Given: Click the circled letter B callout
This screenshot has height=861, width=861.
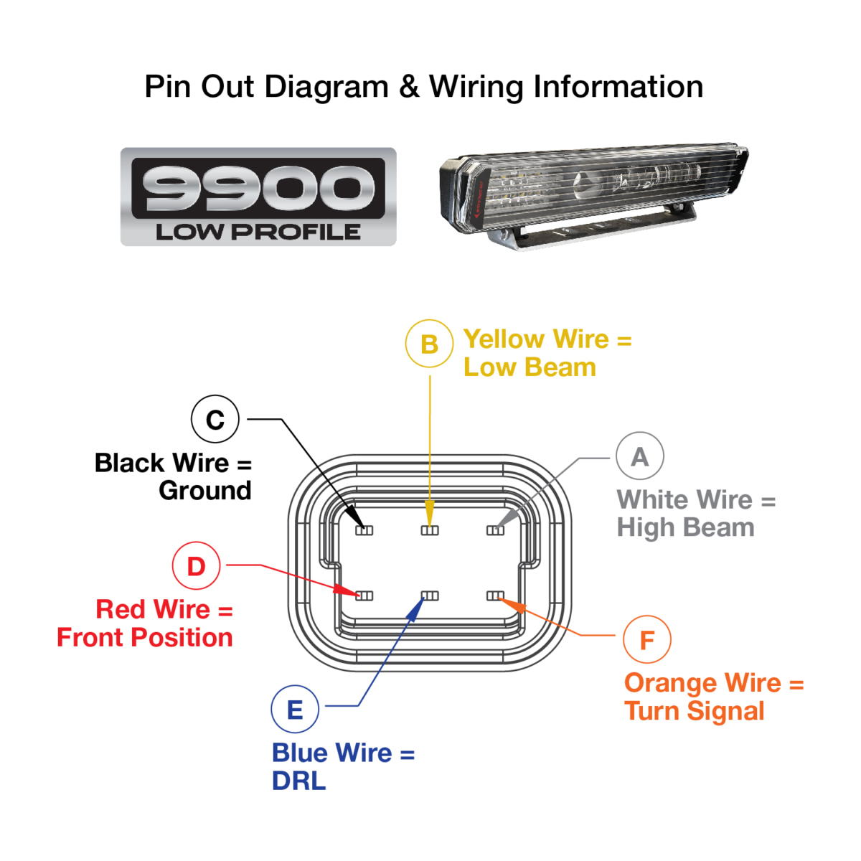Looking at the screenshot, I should pyautogui.click(x=429, y=344).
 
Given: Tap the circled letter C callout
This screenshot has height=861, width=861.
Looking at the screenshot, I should pyautogui.click(x=215, y=420).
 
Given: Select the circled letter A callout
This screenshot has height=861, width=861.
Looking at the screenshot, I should pyautogui.click(x=639, y=456).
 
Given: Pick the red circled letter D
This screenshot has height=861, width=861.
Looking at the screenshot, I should pyautogui.click(x=196, y=566).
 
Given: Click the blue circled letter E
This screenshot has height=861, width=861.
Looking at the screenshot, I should pyautogui.click(x=294, y=710).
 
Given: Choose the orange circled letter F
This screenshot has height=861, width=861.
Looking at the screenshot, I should pyautogui.click(x=646, y=639).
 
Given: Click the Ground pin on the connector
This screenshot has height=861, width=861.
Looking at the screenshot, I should pyautogui.click(x=364, y=530).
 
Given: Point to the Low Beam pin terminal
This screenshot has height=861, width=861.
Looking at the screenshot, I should pyautogui.click(x=430, y=530).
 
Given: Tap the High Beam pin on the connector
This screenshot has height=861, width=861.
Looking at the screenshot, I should pyautogui.click(x=495, y=530).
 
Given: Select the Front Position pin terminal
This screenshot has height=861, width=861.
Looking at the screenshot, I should pyautogui.click(x=364, y=596).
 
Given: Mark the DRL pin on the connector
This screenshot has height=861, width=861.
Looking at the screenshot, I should pyautogui.click(x=430, y=596).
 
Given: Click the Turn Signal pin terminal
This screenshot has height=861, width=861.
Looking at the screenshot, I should pyautogui.click(x=495, y=596).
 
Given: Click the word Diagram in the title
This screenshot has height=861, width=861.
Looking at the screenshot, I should pyautogui.click(x=326, y=88).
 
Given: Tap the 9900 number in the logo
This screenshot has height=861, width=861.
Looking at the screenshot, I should pyautogui.click(x=258, y=188).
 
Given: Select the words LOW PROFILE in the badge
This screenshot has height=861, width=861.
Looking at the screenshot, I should pyautogui.click(x=258, y=232).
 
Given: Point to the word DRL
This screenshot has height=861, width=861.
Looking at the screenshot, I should pyautogui.click(x=298, y=781).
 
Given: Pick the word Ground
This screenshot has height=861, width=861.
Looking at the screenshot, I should pyautogui.click(x=205, y=491).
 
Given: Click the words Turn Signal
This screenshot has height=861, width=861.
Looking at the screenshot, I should pyautogui.click(x=694, y=711).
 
